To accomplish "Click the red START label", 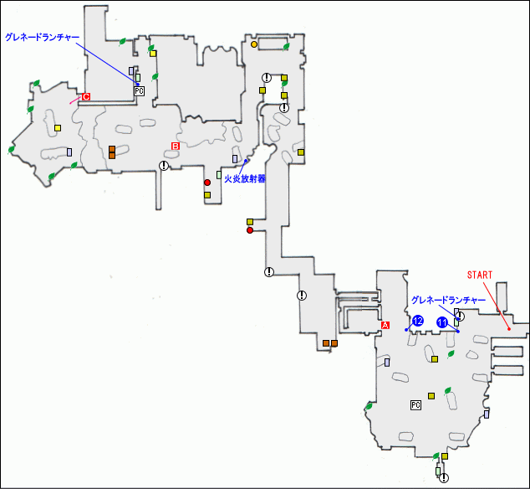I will click(480, 274).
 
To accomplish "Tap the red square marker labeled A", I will click(385, 324).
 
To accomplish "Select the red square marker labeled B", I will click(176, 146).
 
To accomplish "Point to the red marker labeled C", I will click(85, 96).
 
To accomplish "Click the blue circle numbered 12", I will click(418, 321).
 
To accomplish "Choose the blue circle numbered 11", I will click(442, 322).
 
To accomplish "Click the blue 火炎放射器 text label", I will click(245, 177).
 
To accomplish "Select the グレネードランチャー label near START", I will click(448, 299).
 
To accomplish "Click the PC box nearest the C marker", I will click(140, 90).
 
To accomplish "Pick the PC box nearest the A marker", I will click(415, 404).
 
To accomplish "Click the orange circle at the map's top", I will click(254, 44).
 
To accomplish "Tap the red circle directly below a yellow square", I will click(250, 230).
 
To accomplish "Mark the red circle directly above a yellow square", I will click(207, 182).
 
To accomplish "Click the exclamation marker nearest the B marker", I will click(164, 166).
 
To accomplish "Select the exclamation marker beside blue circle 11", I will click(459, 317).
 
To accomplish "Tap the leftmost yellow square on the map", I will click(58, 127).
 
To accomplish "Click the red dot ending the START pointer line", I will click(509, 329).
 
